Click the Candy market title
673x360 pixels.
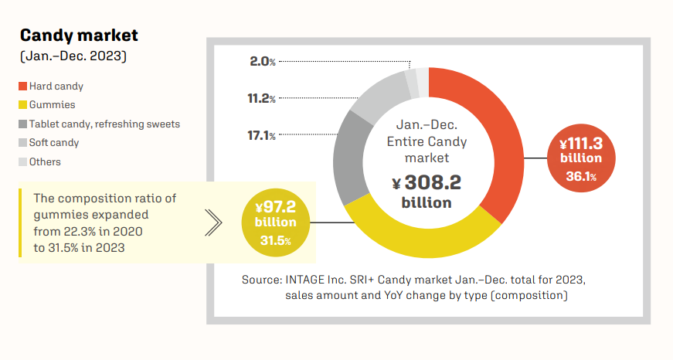[x=79, y=36]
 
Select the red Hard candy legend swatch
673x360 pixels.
[x=23, y=86]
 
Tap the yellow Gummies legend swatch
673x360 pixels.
[x=23, y=104]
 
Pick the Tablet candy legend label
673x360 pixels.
[x=104, y=124]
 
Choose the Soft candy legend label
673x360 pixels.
[x=54, y=143]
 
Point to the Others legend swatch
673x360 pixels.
[x=23, y=161]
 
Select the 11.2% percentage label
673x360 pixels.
[x=261, y=98]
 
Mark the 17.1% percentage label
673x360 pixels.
[x=261, y=136]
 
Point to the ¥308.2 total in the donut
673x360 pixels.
[x=427, y=183]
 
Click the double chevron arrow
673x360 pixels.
[x=214, y=223]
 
